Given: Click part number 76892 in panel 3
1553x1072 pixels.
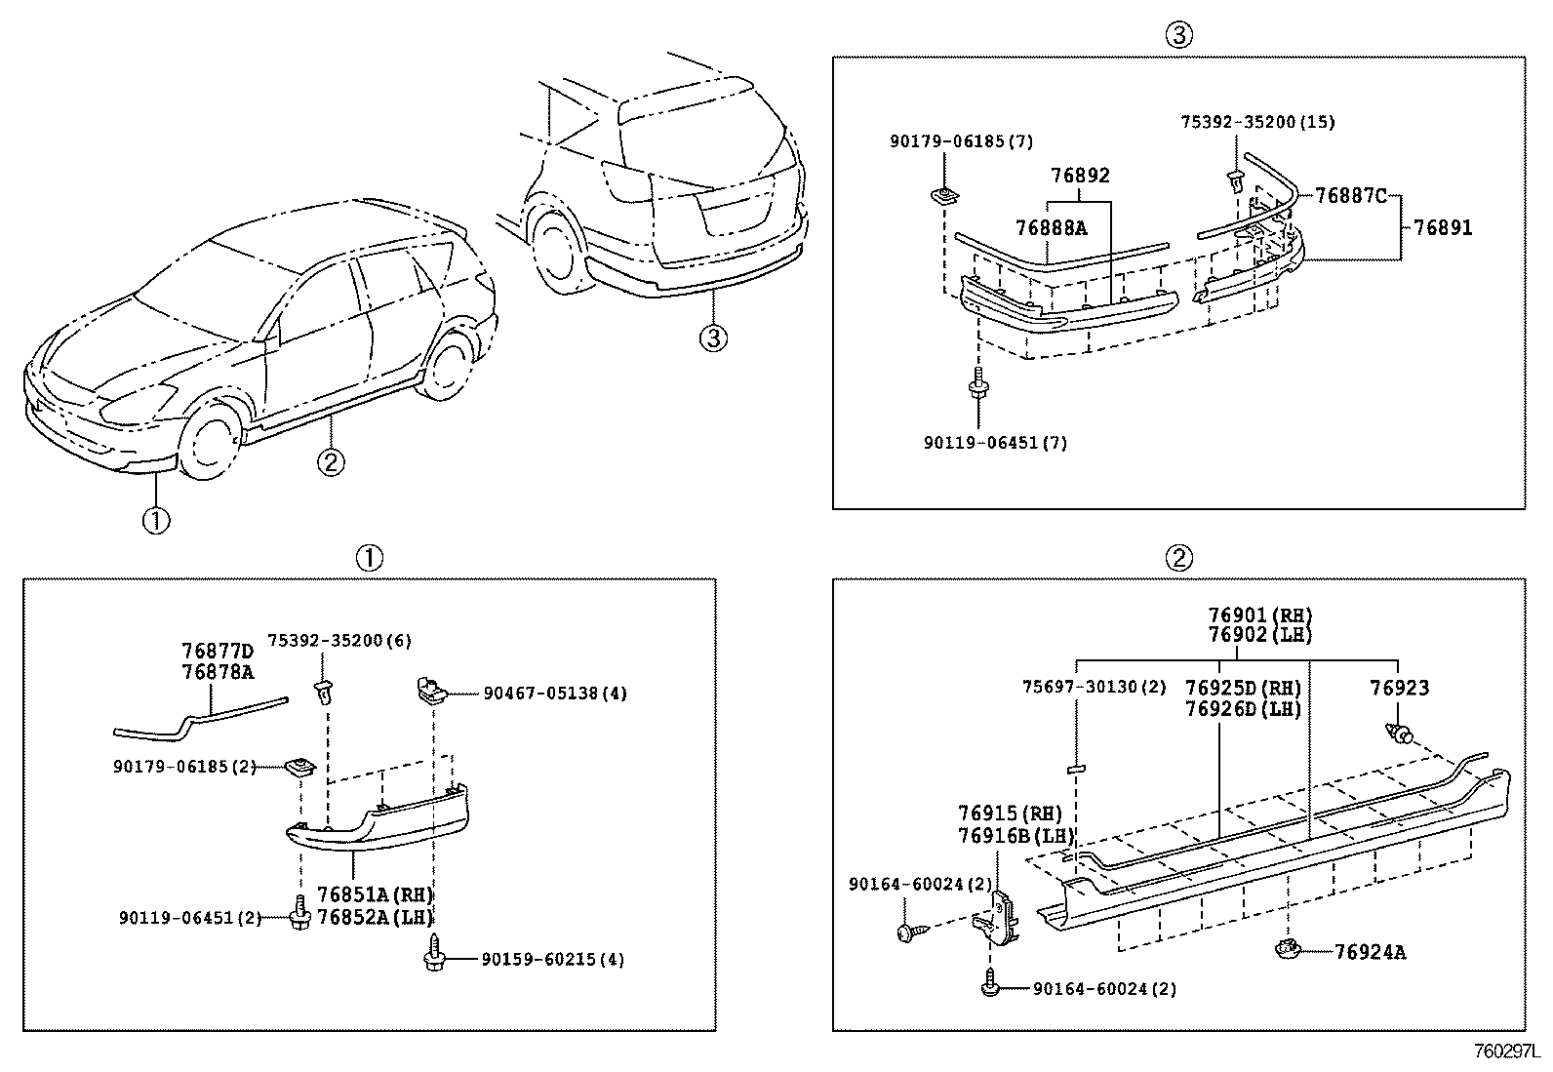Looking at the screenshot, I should click(1080, 177).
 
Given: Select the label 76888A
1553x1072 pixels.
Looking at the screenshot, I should click(1050, 228).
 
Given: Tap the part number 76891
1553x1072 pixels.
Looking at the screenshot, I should click(1443, 228).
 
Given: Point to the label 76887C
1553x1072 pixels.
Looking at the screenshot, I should click(1350, 195).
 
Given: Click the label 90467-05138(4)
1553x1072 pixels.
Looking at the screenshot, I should click(555, 694).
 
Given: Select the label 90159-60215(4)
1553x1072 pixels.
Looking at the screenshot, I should click(552, 960).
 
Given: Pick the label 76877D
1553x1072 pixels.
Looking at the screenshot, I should click(217, 651).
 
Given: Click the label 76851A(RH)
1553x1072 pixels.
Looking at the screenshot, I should click(375, 895).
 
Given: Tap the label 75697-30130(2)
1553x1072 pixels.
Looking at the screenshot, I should click(1094, 688).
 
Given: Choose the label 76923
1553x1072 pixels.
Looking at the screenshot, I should click(1399, 689).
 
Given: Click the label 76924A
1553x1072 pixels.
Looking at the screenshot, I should click(1370, 952).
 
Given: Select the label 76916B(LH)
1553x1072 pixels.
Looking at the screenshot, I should click(1015, 836).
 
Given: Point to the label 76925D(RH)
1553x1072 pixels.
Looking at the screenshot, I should click(1243, 689).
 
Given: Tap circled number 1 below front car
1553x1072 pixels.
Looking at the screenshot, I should click(156, 521).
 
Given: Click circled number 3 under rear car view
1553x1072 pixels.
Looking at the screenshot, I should click(713, 338).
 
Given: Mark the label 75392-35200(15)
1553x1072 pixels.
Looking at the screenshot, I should click(1257, 122).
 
